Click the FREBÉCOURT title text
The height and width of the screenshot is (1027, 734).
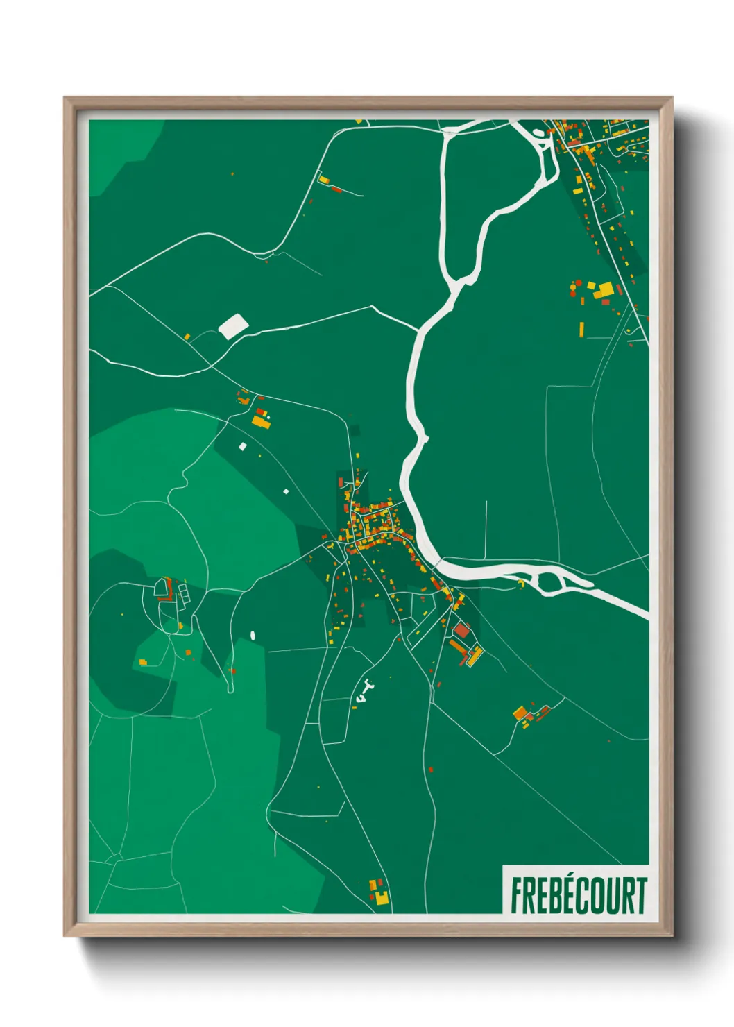[578, 895]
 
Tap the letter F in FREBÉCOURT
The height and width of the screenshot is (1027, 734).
[517, 895]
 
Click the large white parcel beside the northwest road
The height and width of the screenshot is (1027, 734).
[233, 325]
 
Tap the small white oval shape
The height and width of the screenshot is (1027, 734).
[253, 634]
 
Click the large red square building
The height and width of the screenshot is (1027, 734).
[461, 631]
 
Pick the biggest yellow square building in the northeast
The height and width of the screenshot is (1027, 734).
[603, 290]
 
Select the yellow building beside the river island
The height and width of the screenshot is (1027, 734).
[521, 583]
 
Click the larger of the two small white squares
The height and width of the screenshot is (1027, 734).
[242, 446]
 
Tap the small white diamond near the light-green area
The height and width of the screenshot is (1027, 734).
[286, 491]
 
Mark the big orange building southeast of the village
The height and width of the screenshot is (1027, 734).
[520, 712]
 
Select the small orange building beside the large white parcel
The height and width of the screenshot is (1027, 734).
[187, 337]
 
